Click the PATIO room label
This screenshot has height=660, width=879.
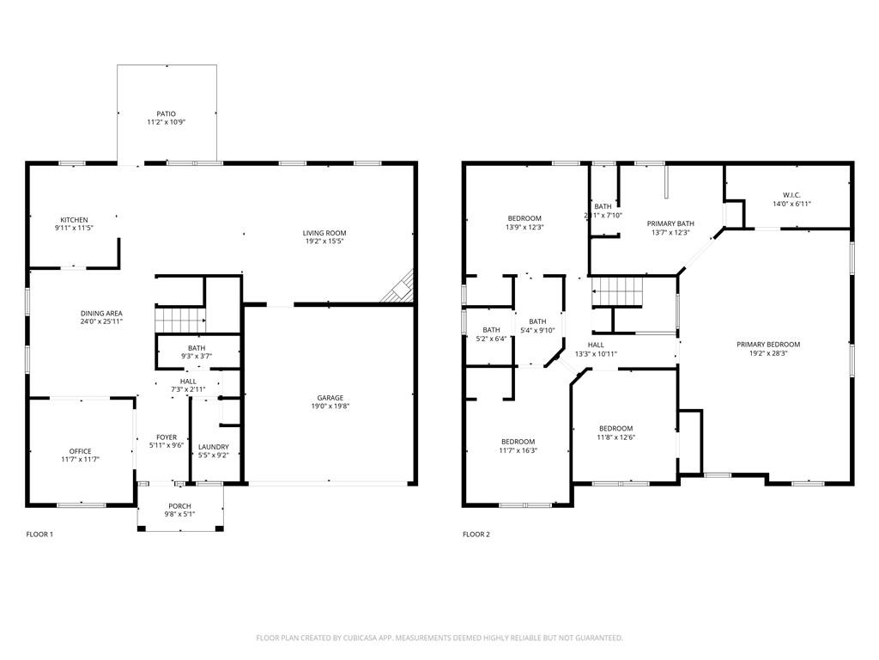(x=166, y=113)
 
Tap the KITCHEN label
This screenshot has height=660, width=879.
(x=74, y=220)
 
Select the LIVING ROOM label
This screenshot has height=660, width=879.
(x=324, y=233)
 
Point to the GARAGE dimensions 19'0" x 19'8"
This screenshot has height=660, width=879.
(x=330, y=406)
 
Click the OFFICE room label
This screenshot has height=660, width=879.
(x=80, y=451)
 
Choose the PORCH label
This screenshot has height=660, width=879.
(x=180, y=505)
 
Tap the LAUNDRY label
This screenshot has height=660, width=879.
(x=213, y=446)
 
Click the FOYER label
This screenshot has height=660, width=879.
(x=167, y=437)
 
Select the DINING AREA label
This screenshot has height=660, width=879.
(x=101, y=314)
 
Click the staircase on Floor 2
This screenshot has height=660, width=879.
(x=618, y=293)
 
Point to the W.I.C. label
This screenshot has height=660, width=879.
(x=791, y=194)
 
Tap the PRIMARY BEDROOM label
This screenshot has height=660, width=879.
(x=768, y=344)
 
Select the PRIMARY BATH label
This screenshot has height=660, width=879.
(x=670, y=223)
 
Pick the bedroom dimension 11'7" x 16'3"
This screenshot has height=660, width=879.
(x=518, y=450)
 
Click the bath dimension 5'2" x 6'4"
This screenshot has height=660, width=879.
(x=492, y=339)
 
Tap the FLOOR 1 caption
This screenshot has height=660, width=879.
(x=39, y=535)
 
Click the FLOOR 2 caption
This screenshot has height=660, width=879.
(x=476, y=535)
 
